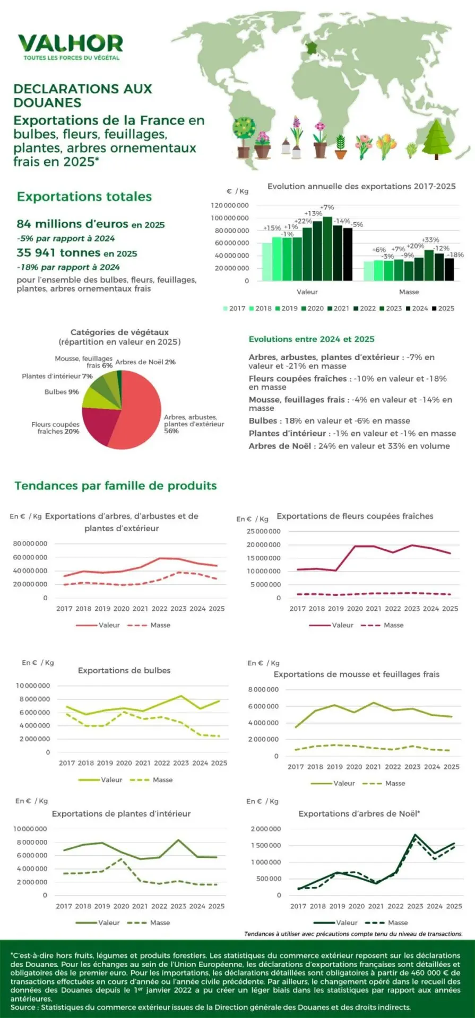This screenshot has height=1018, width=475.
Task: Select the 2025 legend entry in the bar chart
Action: coord(443,308)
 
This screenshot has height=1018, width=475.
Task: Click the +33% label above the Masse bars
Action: coord(430,240)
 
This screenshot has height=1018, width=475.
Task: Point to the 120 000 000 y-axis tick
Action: coord(230,205)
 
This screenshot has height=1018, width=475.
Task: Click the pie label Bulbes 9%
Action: coord(62,392)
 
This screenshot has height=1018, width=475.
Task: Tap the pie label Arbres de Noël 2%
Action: coord(145,362)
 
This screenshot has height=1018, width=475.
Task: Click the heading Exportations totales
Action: coord(84,197)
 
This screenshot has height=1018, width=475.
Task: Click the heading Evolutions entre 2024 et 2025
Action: coord(312,339)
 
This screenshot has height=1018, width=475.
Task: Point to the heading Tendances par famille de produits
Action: coord(116,486)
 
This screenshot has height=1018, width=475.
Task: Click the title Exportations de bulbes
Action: coord(124,670)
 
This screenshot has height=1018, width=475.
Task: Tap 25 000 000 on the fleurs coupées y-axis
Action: coord(263,531)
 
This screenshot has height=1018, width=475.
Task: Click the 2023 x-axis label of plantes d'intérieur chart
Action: coord(178,906)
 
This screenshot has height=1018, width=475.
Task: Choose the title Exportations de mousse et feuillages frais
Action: coord(356,674)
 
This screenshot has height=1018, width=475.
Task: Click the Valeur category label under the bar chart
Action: coord(307,292)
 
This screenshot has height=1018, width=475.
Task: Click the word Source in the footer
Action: coord(22,1007)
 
